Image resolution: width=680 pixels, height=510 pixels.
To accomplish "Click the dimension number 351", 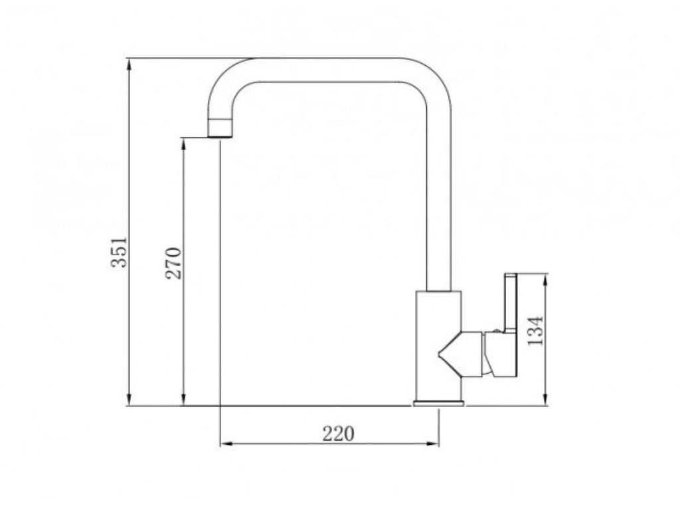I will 119,252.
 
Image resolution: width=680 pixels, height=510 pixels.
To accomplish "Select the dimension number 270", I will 173,263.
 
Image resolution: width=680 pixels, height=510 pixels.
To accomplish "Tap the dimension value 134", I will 536,330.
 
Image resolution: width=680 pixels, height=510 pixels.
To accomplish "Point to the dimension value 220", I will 339,434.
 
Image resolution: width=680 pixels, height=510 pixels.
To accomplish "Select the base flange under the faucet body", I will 438,402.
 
